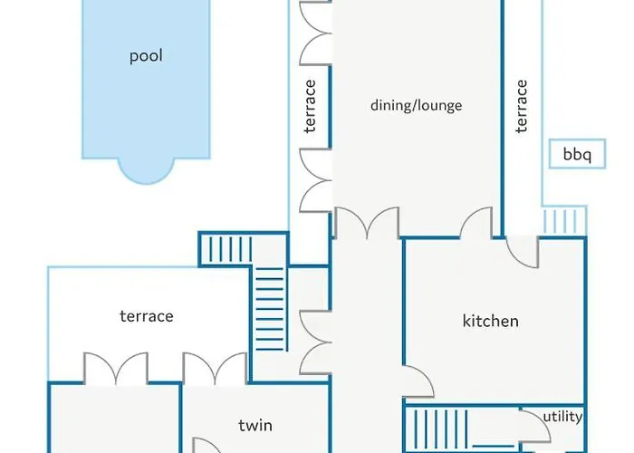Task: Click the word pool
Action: point(146,56)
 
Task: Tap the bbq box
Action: point(577,154)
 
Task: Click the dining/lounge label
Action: point(416,105)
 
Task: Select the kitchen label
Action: point(491,321)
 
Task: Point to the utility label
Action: point(562,416)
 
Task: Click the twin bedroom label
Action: point(255,426)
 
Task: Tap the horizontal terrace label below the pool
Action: point(147,316)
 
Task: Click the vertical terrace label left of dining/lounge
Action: point(310,106)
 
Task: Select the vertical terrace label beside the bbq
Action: point(522,106)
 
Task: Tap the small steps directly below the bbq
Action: point(564,220)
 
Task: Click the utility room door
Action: point(535,425)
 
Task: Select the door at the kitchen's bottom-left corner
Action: point(418,381)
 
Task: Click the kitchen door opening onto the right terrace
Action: point(522,252)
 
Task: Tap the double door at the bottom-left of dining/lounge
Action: point(367,223)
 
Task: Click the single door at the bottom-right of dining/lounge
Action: point(476,222)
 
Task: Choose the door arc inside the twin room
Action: point(207,445)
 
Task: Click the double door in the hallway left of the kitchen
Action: point(315,342)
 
